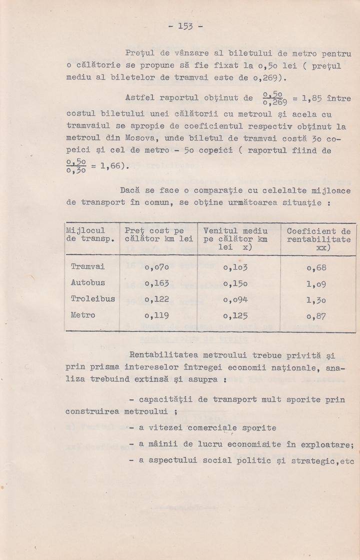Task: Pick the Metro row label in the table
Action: [83, 315]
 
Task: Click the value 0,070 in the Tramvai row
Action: [156, 268]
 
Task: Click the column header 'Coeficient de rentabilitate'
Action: [318, 239]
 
